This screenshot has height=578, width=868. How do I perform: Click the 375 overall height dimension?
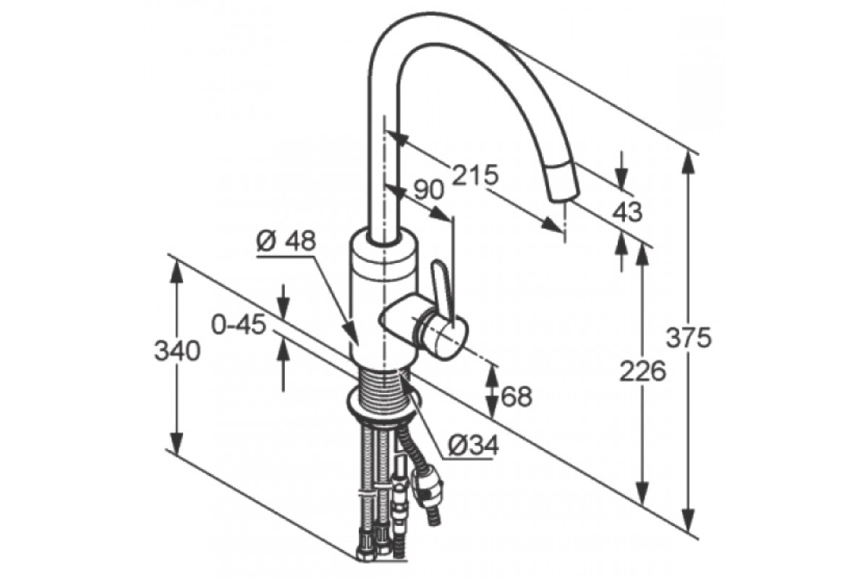[x=689, y=338]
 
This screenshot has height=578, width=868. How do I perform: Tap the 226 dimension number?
[x=643, y=371]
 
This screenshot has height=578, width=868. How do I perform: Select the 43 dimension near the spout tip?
[x=627, y=212]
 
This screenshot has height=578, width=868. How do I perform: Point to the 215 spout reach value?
[x=475, y=175]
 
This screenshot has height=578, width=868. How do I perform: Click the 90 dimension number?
[x=428, y=191]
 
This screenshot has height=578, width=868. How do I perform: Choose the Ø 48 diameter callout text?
[x=286, y=241]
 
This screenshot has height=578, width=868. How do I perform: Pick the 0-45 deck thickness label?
[x=239, y=325]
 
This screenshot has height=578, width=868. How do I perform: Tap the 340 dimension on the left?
[x=177, y=351]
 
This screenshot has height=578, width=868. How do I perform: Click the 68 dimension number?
[x=517, y=397]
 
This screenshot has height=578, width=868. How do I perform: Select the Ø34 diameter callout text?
[x=473, y=447]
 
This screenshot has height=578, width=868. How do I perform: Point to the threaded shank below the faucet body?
[x=382, y=387]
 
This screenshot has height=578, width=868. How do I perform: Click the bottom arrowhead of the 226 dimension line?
[x=642, y=493]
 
